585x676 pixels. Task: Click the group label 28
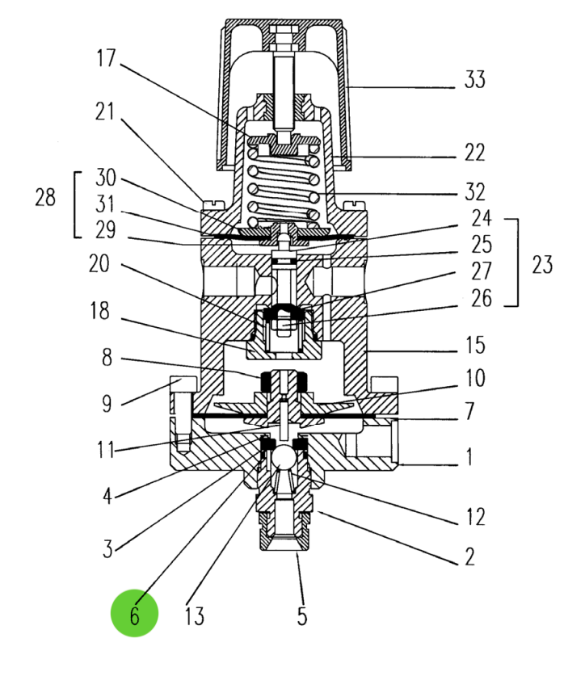(x=45, y=197)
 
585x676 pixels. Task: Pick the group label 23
(x=542, y=263)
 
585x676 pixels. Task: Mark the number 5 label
(x=301, y=616)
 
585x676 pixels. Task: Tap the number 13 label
(x=194, y=616)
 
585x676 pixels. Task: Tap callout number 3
(x=108, y=550)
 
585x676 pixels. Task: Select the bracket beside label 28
(x=77, y=204)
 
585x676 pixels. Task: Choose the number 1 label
(x=469, y=459)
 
